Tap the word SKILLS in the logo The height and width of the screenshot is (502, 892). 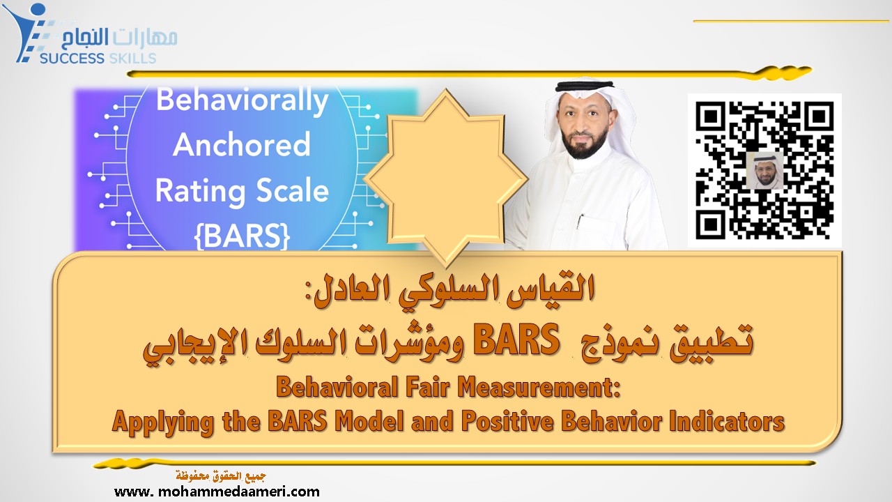[133, 59]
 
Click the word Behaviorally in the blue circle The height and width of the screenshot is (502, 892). [242, 100]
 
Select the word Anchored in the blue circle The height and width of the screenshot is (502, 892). [242, 145]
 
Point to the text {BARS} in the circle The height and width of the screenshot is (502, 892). [242, 235]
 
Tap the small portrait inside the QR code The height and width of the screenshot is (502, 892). [764, 170]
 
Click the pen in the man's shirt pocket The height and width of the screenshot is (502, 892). [580, 222]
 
